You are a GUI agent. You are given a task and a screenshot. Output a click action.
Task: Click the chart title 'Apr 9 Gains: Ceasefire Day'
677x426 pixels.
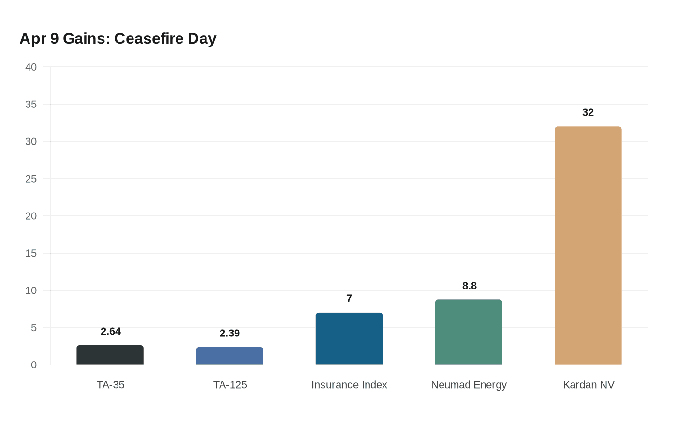(118, 38)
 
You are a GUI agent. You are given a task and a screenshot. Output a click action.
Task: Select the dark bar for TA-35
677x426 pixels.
(110, 355)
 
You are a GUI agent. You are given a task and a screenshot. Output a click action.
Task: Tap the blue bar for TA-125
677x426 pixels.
(230, 356)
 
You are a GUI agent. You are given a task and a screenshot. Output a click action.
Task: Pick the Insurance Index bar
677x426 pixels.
(349, 339)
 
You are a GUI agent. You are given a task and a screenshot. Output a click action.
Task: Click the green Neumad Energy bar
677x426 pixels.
(469, 332)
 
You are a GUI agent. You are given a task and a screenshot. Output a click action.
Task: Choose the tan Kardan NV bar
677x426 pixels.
(588, 246)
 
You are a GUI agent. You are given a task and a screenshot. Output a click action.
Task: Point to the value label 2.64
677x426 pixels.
(111, 332)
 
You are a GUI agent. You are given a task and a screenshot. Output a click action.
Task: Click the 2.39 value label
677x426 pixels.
(230, 334)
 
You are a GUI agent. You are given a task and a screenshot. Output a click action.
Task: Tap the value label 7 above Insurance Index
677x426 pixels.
(349, 299)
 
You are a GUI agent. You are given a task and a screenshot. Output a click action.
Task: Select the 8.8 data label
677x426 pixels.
(469, 286)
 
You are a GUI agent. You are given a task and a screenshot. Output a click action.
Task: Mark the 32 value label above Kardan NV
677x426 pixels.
(588, 113)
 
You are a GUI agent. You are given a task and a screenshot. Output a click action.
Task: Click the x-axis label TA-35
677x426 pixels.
(110, 385)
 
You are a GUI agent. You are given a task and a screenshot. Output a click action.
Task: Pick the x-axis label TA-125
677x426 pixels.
(230, 385)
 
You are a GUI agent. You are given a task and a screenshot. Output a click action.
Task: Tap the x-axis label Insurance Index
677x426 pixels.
(349, 385)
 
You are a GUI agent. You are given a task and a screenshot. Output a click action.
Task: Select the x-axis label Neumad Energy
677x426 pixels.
(469, 385)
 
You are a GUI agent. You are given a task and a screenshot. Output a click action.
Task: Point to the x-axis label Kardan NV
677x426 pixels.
(589, 385)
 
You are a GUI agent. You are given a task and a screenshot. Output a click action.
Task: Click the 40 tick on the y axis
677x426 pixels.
(31, 67)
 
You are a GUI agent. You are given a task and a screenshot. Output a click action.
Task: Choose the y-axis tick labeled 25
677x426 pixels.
(31, 179)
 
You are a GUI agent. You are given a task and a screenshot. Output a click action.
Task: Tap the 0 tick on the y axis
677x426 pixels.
(34, 365)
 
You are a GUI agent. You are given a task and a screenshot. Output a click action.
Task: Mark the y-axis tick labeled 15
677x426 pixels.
(31, 253)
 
